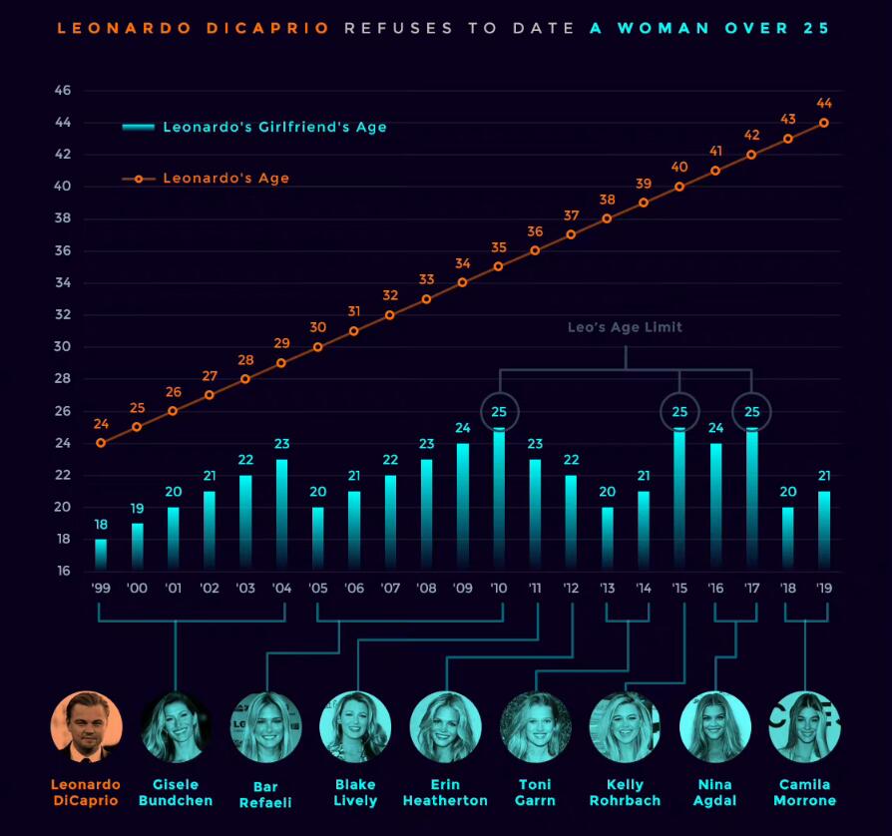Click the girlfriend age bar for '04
(282, 515)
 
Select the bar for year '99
(101, 555)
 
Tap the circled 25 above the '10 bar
(500, 411)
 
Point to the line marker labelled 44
(824, 123)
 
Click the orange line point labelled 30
(318, 347)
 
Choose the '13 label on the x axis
(608, 589)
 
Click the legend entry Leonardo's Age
(225, 179)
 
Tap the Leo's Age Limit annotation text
(626, 326)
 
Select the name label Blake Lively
(355, 792)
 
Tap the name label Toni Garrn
(536, 792)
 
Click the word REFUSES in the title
(399, 28)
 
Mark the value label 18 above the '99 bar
(101, 524)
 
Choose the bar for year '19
(824, 531)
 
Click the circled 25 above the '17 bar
(751, 411)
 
